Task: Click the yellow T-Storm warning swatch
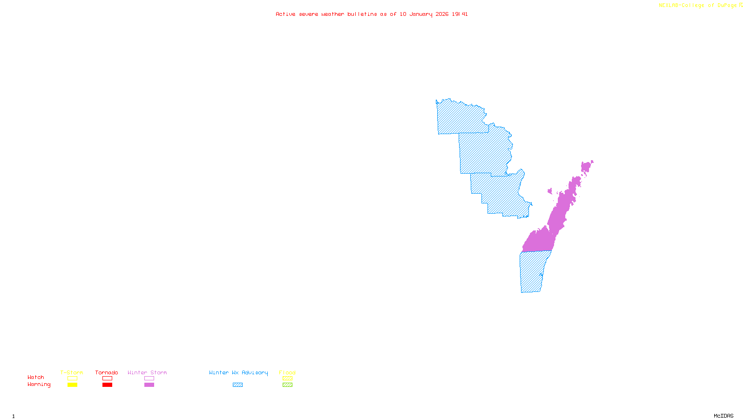(x=72, y=385)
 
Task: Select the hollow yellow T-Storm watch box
(x=72, y=378)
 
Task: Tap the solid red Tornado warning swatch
(x=108, y=385)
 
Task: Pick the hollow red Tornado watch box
(x=108, y=378)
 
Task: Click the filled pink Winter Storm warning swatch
(x=149, y=385)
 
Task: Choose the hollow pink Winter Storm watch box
(x=149, y=378)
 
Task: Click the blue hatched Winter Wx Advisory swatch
(x=237, y=385)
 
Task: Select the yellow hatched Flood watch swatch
(x=287, y=378)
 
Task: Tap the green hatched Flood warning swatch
(x=287, y=385)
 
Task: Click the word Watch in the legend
(x=36, y=378)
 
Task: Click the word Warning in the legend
(x=39, y=385)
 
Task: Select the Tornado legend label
(x=107, y=372)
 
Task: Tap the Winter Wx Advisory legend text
(x=238, y=372)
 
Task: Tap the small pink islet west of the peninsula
(x=550, y=191)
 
